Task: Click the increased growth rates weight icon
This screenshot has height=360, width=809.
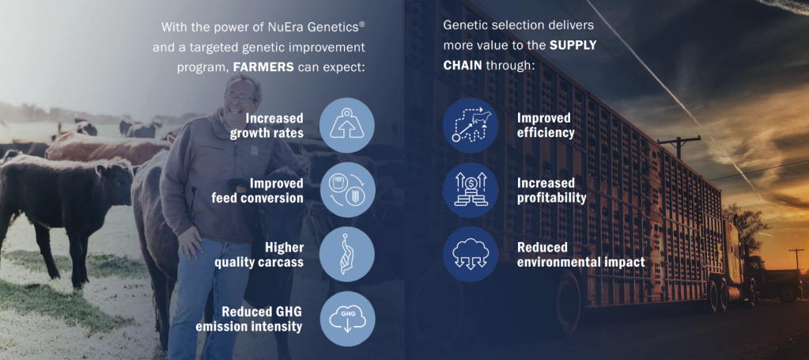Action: click(x=347, y=126)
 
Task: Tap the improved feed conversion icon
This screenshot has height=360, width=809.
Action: click(x=347, y=190)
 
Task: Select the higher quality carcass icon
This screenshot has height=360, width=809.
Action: click(x=347, y=254)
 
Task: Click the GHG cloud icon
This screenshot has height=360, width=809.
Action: click(x=347, y=319)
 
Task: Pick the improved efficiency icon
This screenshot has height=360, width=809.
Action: click(x=471, y=126)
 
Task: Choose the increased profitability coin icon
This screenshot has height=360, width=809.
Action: click(x=471, y=190)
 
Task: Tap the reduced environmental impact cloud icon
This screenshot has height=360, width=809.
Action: click(x=471, y=254)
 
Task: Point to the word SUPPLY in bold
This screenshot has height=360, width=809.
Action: click(x=573, y=45)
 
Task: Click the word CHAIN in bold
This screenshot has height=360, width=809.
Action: click(x=461, y=67)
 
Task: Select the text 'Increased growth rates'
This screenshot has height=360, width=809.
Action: click(x=267, y=126)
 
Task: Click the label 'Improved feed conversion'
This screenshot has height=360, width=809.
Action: click(x=258, y=190)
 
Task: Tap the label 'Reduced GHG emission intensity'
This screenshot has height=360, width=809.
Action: click(x=248, y=319)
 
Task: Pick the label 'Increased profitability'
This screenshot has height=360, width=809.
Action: click(x=551, y=190)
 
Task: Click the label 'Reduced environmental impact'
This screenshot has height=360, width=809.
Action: click(x=581, y=255)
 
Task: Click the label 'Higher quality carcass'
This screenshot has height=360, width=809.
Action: click(x=259, y=255)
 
